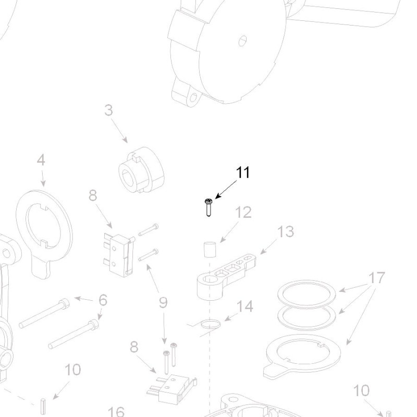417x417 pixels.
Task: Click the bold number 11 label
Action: pos(243,173)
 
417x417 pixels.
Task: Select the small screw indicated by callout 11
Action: pos(208,207)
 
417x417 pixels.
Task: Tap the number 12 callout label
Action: pos(243,213)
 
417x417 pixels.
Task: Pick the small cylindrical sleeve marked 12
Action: pos(208,250)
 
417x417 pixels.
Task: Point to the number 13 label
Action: pos(286,231)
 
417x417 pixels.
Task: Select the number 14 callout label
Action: pos(245,306)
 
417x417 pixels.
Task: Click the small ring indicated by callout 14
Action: pos(211,325)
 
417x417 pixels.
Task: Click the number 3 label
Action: pos(108,111)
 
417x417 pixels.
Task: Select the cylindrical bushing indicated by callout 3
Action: pos(139,170)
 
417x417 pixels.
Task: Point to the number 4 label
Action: pos(41,160)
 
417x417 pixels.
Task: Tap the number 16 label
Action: pos(118,412)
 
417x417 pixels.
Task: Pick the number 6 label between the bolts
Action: pos(103,300)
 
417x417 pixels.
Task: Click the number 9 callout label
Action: pos(163,303)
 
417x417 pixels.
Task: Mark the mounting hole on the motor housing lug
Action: pos(193,97)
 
